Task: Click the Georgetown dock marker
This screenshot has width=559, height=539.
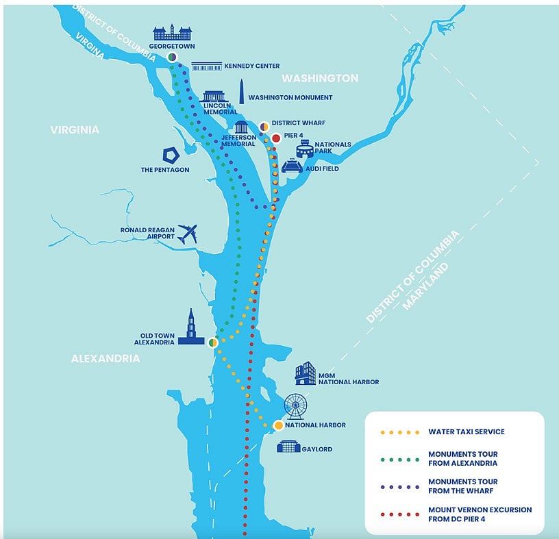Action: click(x=172, y=57)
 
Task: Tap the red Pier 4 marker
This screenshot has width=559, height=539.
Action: click(x=276, y=138)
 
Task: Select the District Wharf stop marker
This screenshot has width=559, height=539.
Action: click(x=264, y=127)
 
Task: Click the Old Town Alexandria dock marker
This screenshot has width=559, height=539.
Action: click(x=213, y=342)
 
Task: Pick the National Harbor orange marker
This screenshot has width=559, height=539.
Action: click(x=278, y=425)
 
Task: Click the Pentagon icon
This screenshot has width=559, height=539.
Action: click(x=171, y=155)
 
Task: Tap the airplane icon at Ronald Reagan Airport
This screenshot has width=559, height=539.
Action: click(x=188, y=234)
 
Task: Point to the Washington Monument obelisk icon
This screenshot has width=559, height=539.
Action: click(x=241, y=92)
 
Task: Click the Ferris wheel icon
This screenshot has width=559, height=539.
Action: click(x=295, y=406)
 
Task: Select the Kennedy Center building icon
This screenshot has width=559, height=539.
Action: click(x=207, y=66)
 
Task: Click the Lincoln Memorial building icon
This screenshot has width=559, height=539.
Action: click(x=214, y=97)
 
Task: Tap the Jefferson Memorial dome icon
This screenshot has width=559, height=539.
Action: click(x=241, y=127)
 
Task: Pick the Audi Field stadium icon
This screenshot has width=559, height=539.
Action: click(x=293, y=166)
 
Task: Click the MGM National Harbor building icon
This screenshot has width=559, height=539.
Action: click(x=306, y=373)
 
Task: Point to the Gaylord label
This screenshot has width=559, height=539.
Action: click(x=317, y=449)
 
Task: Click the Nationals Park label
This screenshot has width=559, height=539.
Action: click(x=333, y=147)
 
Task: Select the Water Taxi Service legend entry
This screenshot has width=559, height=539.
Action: click(x=443, y=432)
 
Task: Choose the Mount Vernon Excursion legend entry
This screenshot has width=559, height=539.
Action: click(x=456, y=514)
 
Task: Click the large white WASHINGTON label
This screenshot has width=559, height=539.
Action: click(x=320, y=78)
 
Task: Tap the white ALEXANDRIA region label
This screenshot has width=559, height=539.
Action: click(x=105, y=358)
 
